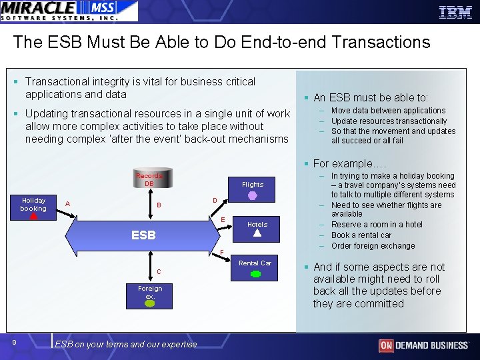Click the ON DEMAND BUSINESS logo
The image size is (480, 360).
(x=423, y=345)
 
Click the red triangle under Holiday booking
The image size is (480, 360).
(x=33, y=216)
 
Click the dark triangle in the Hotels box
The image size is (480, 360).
(x=257, y=234)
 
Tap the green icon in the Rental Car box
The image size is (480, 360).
(x=255, y=274)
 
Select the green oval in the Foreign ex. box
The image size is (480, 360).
(x=150, y=303)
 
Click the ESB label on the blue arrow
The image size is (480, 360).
(x=143, y=235)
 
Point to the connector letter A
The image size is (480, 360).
(x=68, y=204)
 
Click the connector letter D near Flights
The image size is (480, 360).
(x=215, y=200)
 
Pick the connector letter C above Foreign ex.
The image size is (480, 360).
(x=158, y=271)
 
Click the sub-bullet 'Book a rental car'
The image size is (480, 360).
(x=361, y=235)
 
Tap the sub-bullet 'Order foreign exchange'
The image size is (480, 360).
(x=373, y=246)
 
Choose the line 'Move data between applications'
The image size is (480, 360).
(x=388, y=111)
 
